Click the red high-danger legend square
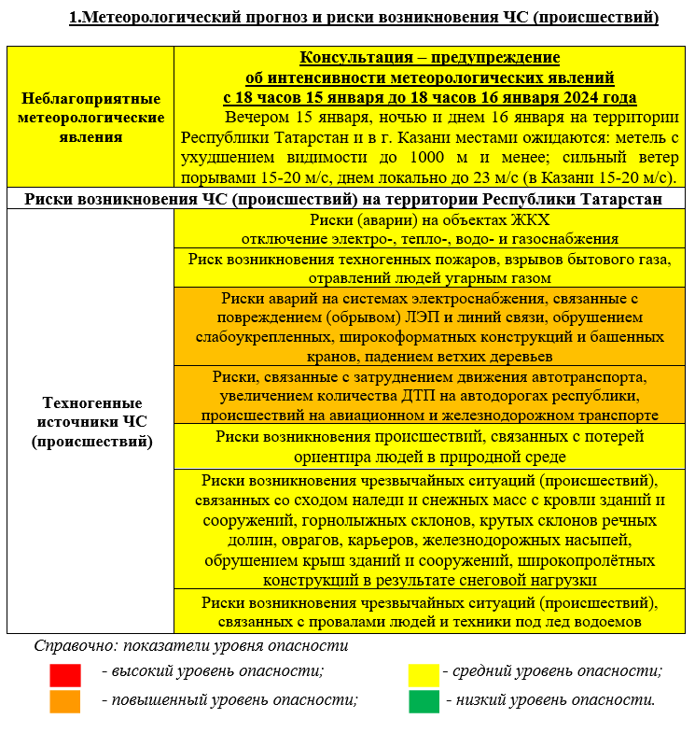65,673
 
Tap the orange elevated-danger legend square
65,700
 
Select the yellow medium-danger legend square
424,673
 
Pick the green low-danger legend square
424,700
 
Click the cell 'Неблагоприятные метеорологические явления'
90,118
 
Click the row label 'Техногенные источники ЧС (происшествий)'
90,421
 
